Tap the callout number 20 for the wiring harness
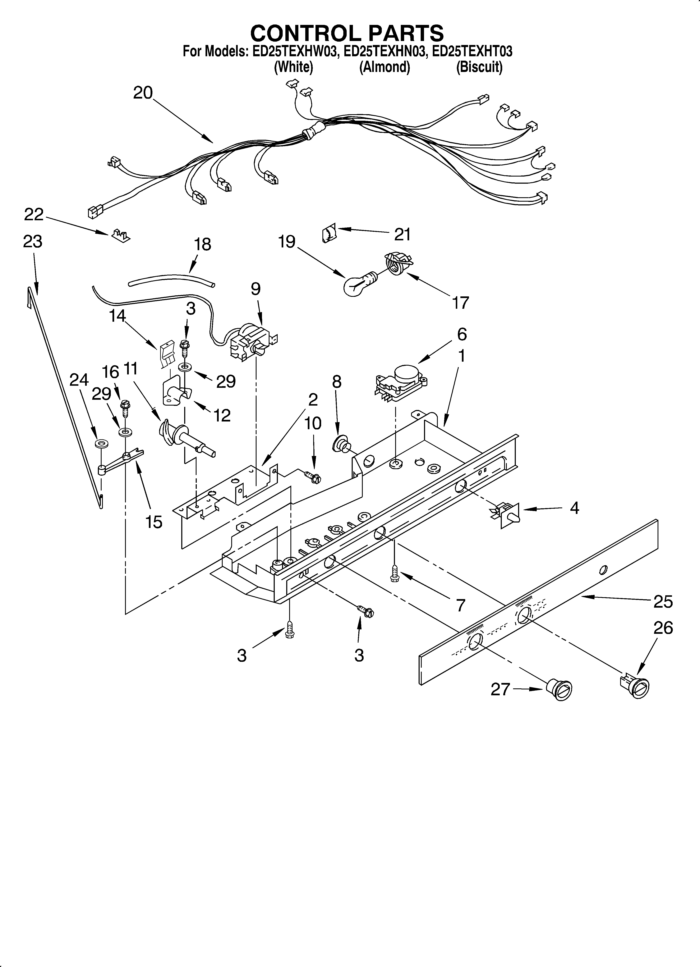click(x=143, y=92)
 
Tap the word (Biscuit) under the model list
click(x=479, y=67)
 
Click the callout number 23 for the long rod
click(x=33, y=241)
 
